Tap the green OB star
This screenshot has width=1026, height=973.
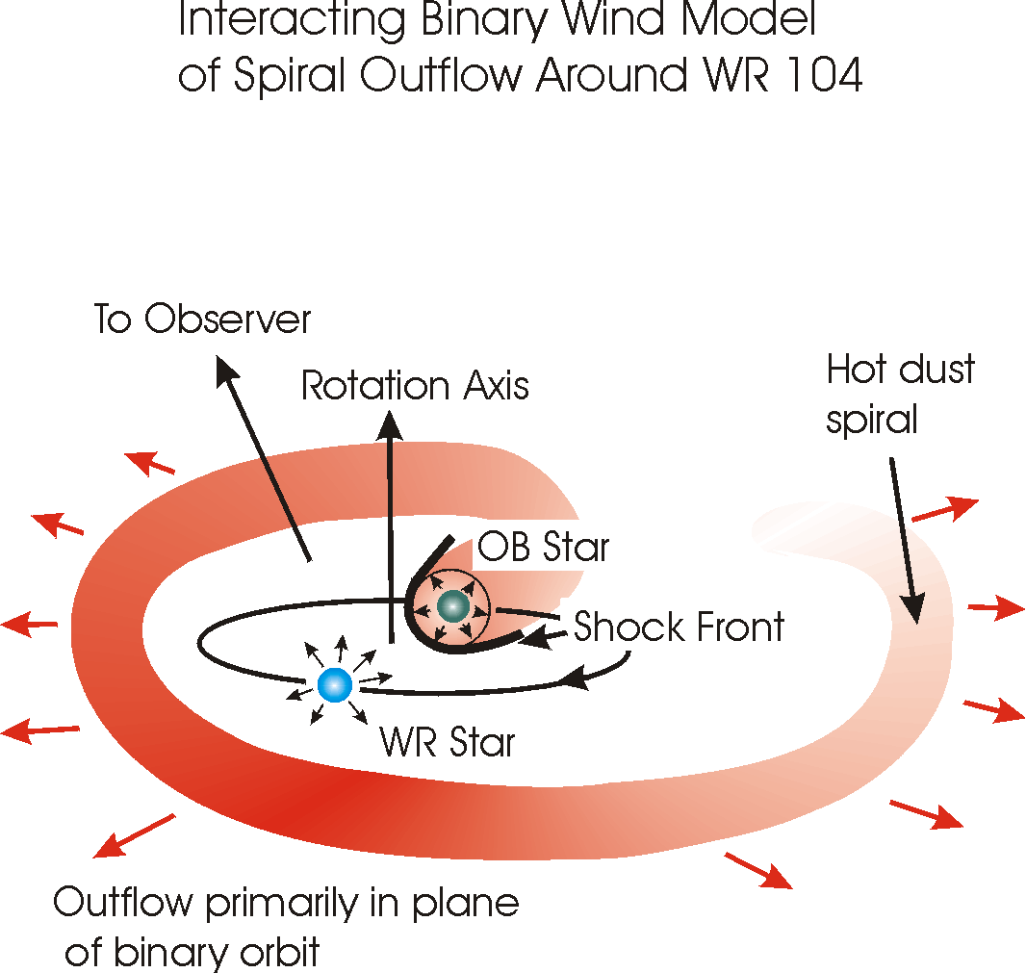pyautogui.click(x=451, y=606)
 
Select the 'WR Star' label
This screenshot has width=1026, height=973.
pyautogui.click(x=448, y=743)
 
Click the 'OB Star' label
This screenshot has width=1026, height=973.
pyautogui.click(x=544, y=547)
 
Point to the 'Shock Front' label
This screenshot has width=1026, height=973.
pyautogui.click(x=679, y=627)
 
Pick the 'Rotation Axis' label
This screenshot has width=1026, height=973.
pyautogui.click(x=415, y=386)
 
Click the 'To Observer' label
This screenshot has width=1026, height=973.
pyautogui.click(x=203, y=320)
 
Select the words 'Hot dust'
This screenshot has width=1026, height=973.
pyautogui.click(x=900, y=370)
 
